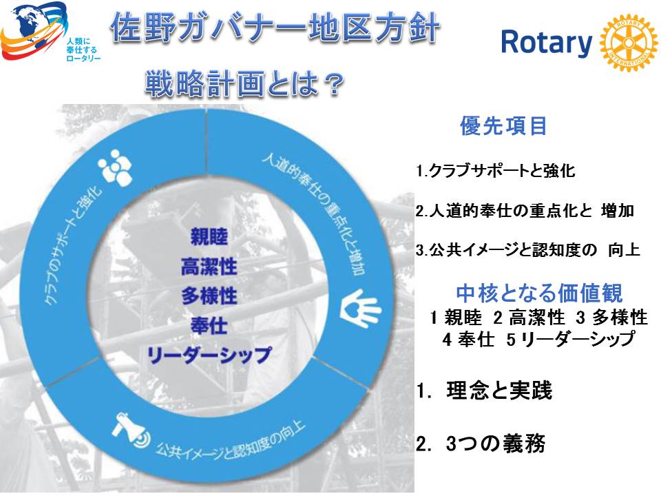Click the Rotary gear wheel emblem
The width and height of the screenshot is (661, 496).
628,43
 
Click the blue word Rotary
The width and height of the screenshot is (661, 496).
546,43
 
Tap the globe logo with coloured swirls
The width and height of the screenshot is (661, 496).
34,30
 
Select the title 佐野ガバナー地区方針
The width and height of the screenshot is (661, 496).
275,28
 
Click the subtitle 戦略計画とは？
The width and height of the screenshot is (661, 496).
244,84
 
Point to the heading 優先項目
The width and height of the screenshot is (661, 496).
503,125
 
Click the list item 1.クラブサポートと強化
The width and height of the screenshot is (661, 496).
495,170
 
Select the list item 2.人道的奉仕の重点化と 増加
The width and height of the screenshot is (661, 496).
525,210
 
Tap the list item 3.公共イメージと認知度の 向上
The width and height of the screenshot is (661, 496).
527,249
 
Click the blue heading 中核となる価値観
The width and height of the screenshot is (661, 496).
539,293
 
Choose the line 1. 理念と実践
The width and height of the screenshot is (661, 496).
484,391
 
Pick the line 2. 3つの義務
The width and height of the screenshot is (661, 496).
481,443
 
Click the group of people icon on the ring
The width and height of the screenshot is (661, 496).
115,167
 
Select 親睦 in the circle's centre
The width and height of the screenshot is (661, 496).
209,236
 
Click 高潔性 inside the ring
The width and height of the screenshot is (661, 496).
209,267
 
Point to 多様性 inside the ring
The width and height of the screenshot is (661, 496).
209,296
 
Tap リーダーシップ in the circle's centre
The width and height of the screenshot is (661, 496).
209,355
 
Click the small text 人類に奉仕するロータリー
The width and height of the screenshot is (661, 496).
83,50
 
